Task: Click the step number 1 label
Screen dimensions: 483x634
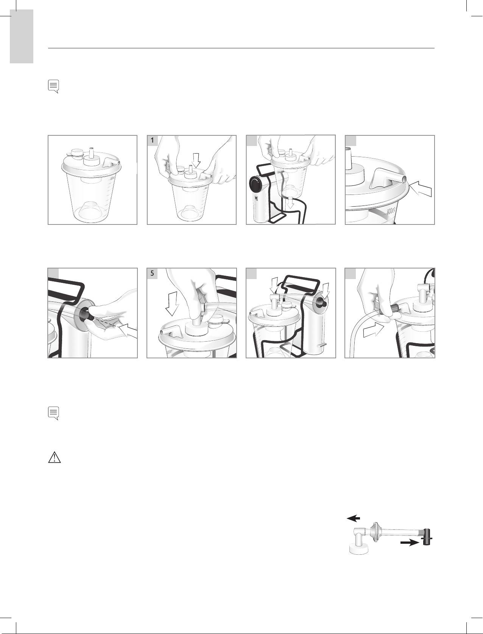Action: pyautogui.click(x=152, y=141)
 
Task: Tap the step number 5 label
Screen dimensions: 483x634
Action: pyautogui.click(x=152, y=273)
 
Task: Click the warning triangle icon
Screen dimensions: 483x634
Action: pyautogui.click(x=54, y=458)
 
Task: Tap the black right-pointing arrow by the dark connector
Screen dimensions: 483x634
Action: pyautogui.click(x=410, y=543)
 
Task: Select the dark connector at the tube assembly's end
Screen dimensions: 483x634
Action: pyautogui.click(x=427, y=537)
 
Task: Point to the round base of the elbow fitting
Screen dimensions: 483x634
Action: pyautogui.click(x=359, y=549)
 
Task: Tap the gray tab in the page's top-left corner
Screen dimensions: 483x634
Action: pyautogui.click(x=22, y=36)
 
